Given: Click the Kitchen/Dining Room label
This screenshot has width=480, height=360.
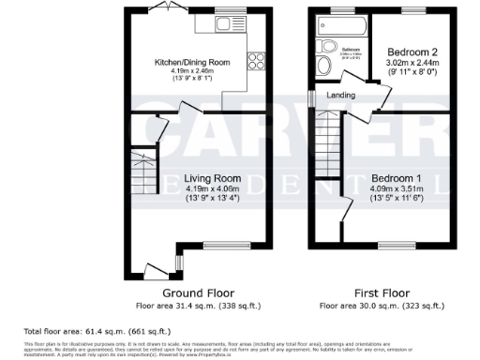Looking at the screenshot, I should (192, 63).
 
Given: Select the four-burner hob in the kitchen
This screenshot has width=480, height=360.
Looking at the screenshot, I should (254, 63).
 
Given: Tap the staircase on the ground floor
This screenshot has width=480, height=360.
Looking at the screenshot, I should (142, 167).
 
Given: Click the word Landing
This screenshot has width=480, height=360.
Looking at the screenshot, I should (340, 95).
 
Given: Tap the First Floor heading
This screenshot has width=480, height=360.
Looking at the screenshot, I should (382, 292).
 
